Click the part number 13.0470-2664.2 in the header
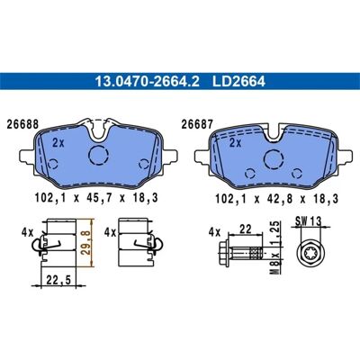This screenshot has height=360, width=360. tap(148, 81)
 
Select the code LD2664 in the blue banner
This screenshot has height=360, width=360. tap(238, 81)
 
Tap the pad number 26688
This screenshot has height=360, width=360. tap(22, 124)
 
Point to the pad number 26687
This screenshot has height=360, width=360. tap(197, 124)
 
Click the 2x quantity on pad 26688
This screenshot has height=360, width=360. tap(58, 143)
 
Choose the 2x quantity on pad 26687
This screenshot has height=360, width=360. tap(235, 143)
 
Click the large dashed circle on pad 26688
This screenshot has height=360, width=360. tap(98, 155)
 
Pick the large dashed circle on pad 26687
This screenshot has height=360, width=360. tap(274, 159)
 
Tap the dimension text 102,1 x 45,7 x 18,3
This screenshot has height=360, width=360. tap(96, 198)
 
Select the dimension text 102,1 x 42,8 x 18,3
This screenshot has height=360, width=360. tap(276, 199)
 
